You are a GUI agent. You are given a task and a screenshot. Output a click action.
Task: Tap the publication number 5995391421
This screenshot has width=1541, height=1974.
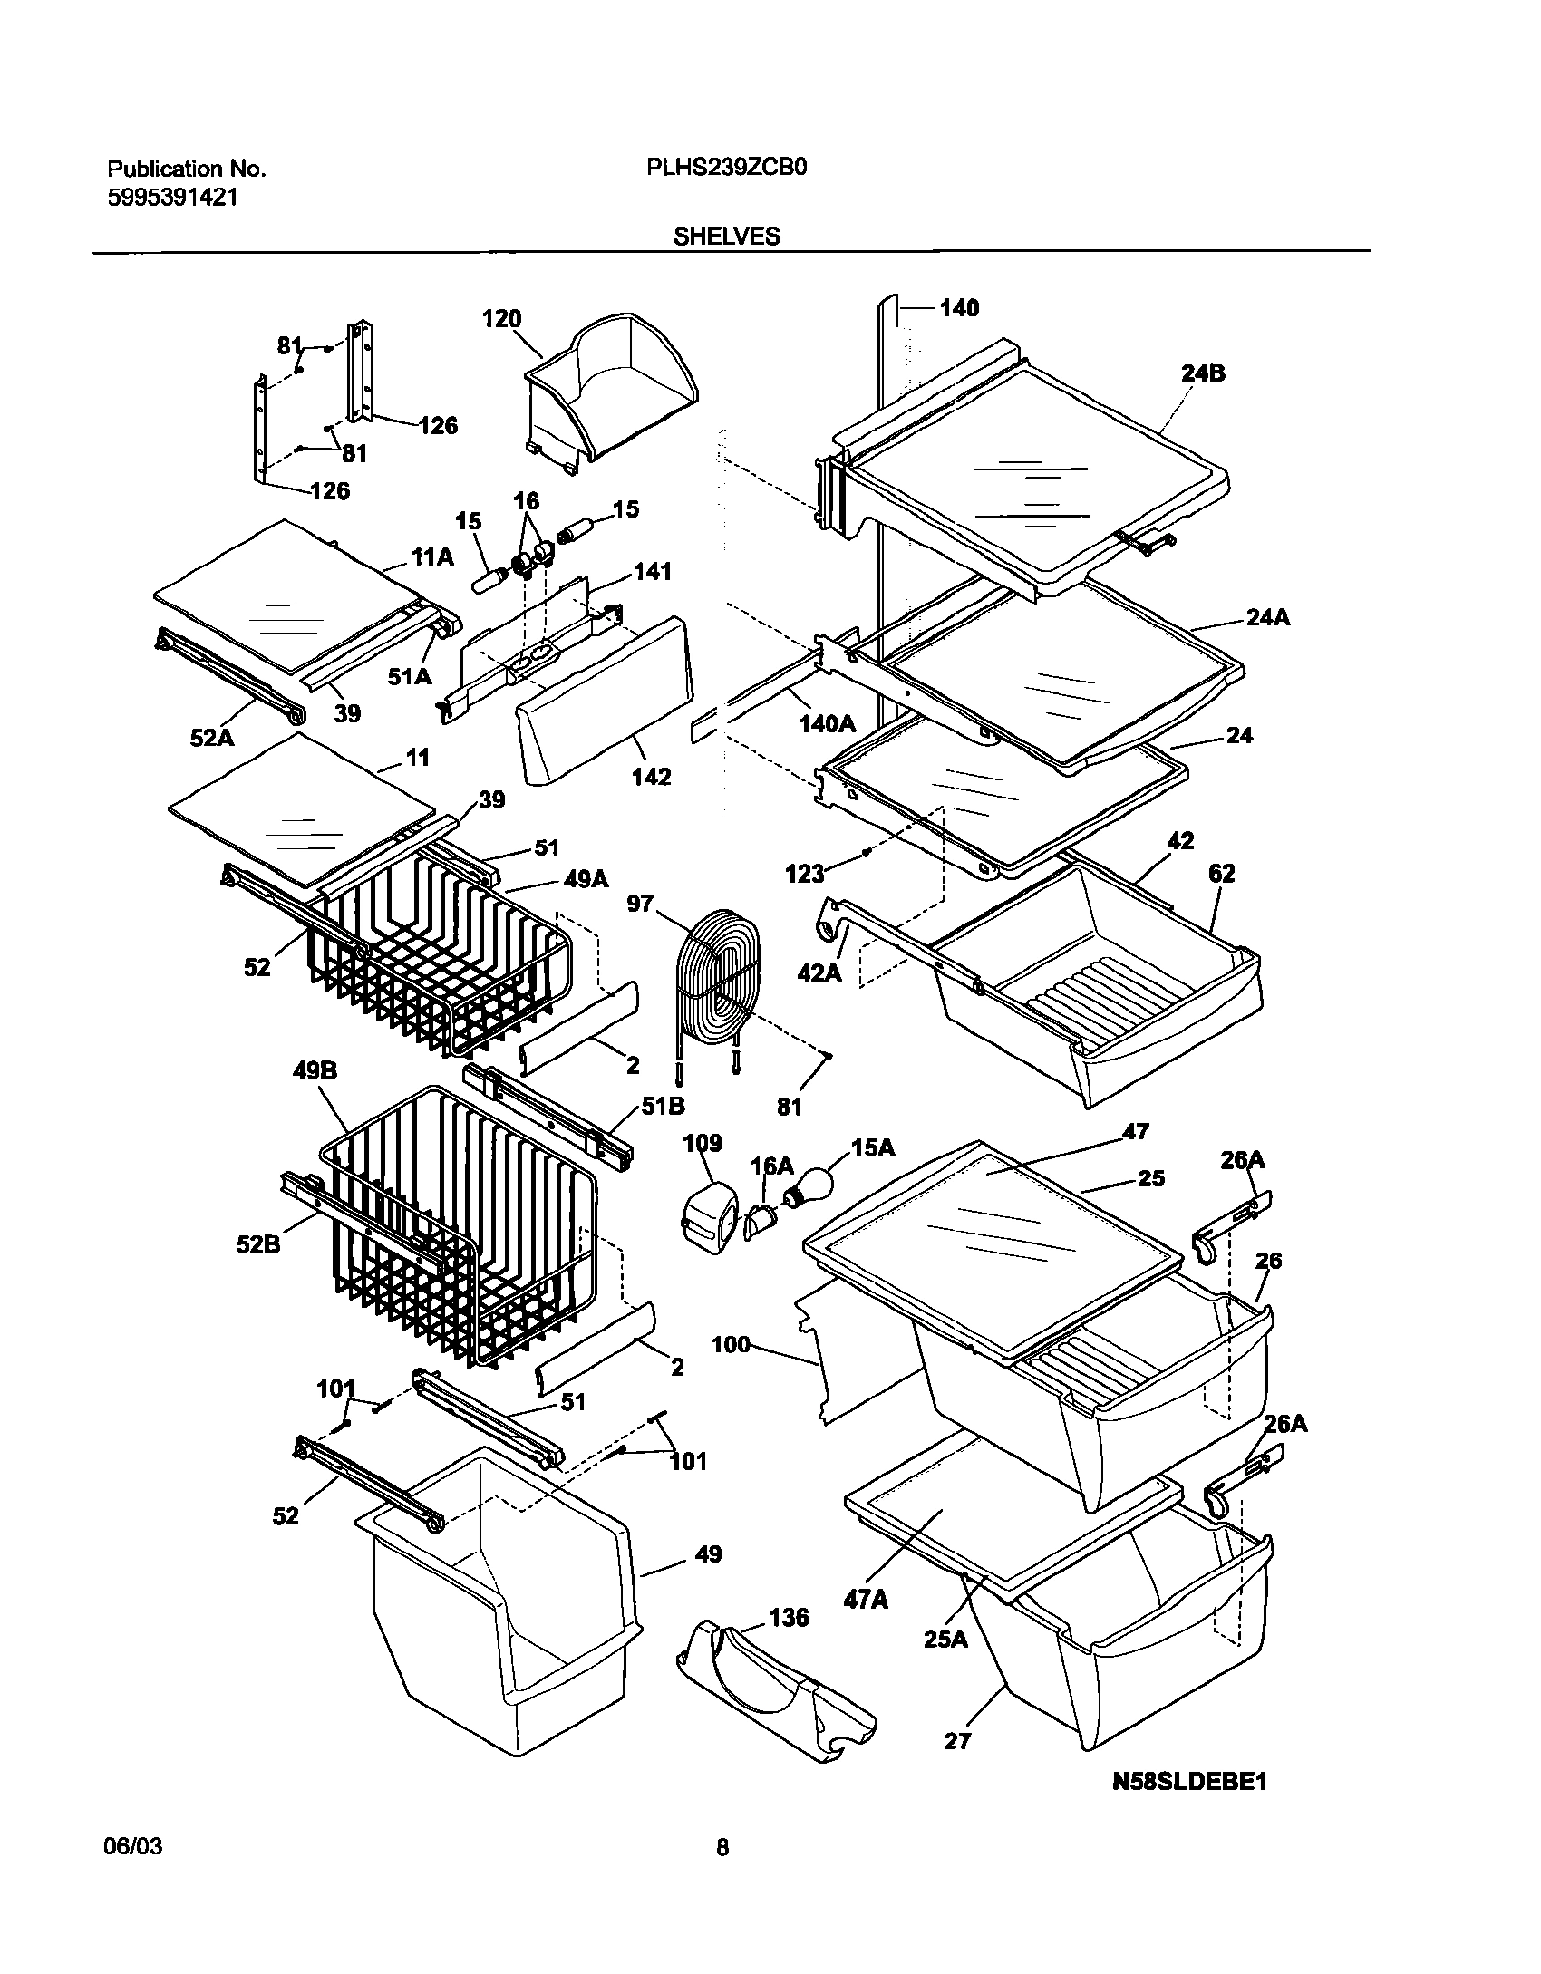pyautogui.click(x=173, y=198)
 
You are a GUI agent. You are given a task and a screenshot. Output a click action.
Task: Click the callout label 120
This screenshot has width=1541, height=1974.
pyautogui.click(x=501, y=319)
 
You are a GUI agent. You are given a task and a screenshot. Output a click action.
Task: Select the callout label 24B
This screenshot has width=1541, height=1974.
pyautogui.click(x=1203, y=373)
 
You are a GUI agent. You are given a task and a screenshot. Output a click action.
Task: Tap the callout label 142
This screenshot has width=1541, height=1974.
pyautogui.click(x=651, y=777)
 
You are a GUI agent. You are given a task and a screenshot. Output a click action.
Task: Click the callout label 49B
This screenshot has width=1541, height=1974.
pyautogui.click(x=315, y=1070)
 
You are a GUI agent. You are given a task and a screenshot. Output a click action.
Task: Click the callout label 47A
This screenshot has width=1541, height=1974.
pyautogui.click(x=865, y=1601)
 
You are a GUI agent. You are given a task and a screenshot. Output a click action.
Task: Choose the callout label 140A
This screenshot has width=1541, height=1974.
pyautogui.click(x=827, y=723)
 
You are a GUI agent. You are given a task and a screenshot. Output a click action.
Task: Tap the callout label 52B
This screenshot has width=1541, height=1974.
pyautogui.click(x=258, y=1244)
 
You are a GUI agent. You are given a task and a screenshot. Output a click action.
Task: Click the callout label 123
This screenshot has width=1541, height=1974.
pyautogui.click(x=805, y=874)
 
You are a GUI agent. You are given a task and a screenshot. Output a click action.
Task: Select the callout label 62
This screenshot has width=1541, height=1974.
pyautogui.click(x=1221, y=875)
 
